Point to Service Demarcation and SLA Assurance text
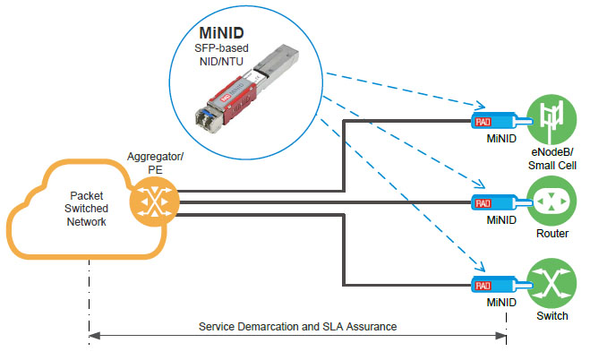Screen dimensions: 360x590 coord(297,326)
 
